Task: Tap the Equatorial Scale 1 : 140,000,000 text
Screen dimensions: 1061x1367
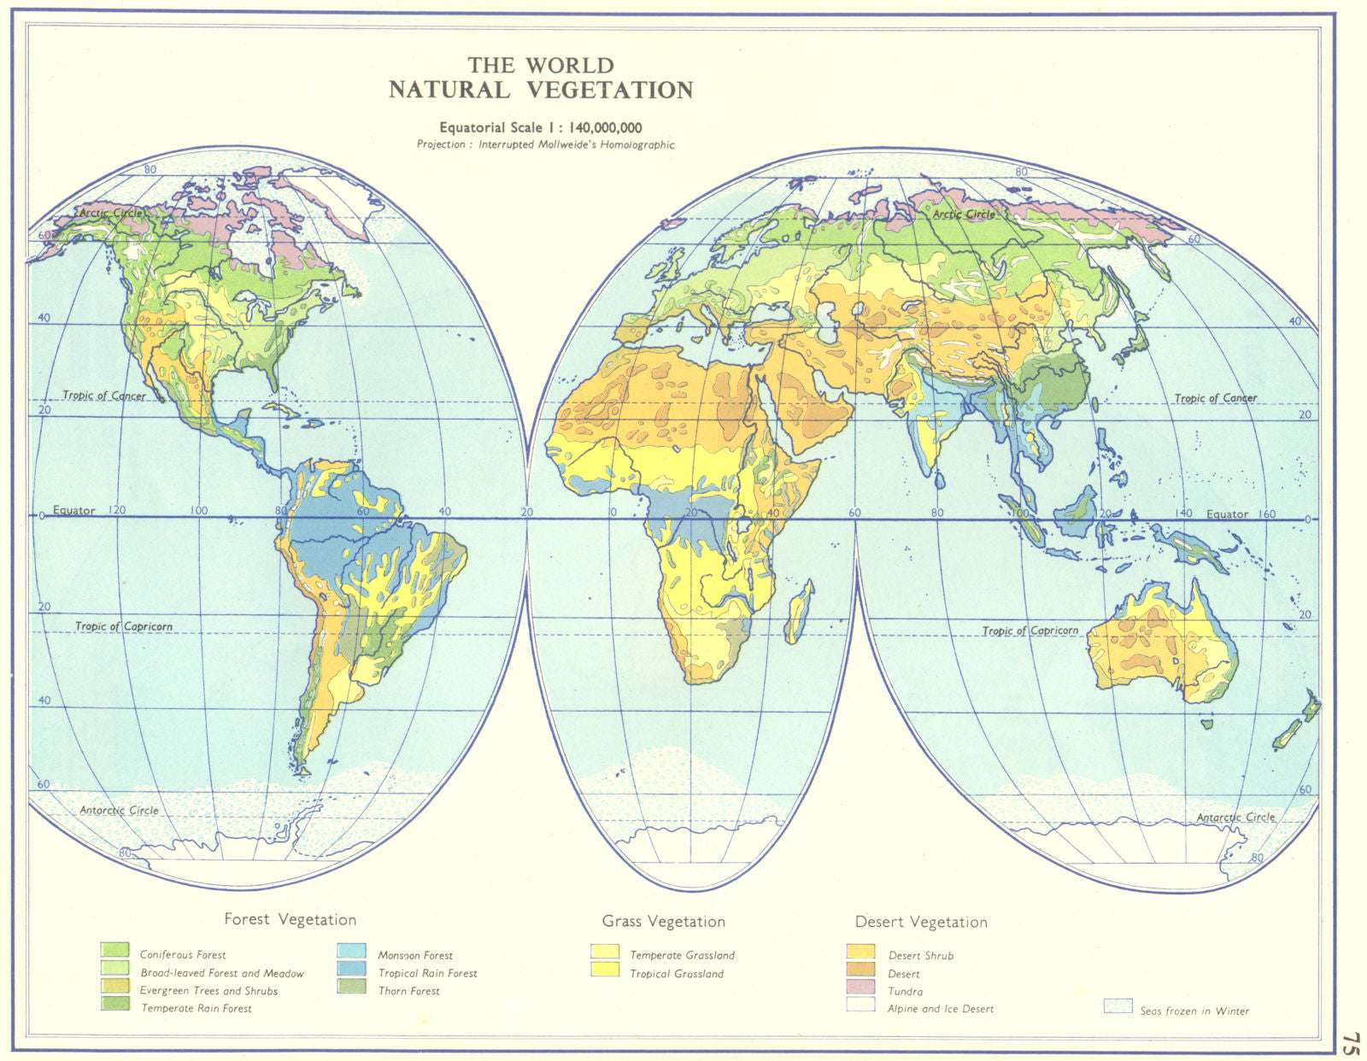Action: pyautogui.click(x=540, y=128)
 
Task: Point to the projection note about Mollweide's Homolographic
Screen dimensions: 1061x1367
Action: pyautogui.click(x=545, y=144)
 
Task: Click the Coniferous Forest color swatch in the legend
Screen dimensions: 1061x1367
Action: pyautogui.click(x=114, y=950)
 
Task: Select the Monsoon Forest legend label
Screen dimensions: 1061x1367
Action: pyautogui.click(x=414, y=955)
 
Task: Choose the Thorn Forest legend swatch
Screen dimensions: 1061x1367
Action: pyautogui.click(x=351, y=987)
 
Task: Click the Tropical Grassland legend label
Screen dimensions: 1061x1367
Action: pyautogui.click(x=676, y=974)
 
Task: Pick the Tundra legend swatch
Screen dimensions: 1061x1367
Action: pyautogui.click(x=860, y=988)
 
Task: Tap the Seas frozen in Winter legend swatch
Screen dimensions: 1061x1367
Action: pyautogui.click(x=1118, y=1006)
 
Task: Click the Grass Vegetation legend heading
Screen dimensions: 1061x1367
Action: pyautogui.click(x=663, y=922)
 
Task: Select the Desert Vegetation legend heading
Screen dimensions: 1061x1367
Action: pyautogui.click(x=921, y=923)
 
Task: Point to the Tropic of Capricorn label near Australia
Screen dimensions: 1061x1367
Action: pyautogui.click(x=1030, y=630)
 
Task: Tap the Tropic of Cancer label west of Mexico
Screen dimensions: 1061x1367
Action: pyautogui.click(x=103, y=396)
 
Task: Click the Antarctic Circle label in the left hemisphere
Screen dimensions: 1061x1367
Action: pyautogui.click(x=119, y=810)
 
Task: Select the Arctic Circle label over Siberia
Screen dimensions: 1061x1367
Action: pyautogui.click(x=964, y=214)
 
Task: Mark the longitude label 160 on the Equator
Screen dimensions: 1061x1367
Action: pyautogui.click(x=1267, y=513)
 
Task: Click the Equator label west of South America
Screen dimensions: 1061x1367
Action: pyautogui.click(x=73, y=510)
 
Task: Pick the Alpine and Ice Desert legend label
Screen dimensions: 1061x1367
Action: pyautogui.click(x=940, y=1009)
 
